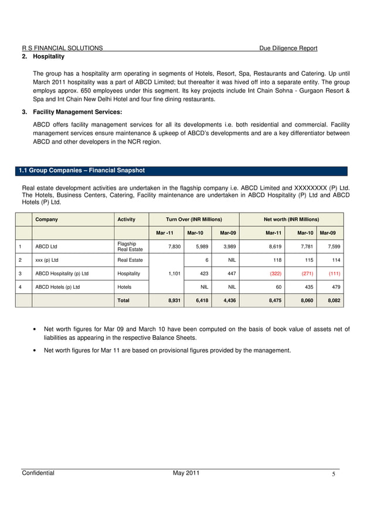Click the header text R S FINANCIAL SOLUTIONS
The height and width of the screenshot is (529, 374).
pos(62,48)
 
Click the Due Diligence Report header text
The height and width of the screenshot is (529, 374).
pos(288,48)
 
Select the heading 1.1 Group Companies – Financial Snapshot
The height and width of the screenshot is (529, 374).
pos(81,171)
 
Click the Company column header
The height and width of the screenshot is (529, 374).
pos(47,220)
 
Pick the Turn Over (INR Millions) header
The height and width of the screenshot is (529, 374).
pos(194,220)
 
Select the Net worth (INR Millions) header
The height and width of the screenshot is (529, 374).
pos(291,220)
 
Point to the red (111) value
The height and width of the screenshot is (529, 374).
pos(334,274)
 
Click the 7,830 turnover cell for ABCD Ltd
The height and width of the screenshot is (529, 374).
pos(174,247)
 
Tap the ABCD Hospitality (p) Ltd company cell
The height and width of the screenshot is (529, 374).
pos(62,274)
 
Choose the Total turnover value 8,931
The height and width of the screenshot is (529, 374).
pos(174,300)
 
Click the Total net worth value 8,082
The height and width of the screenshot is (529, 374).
pos(334,300)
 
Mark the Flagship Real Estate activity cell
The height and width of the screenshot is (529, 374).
pos(130,247)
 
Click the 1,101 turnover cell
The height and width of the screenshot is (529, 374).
pos(174,274)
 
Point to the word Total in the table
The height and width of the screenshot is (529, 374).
pos(124,300)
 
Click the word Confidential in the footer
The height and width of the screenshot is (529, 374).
pos(38,473)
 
